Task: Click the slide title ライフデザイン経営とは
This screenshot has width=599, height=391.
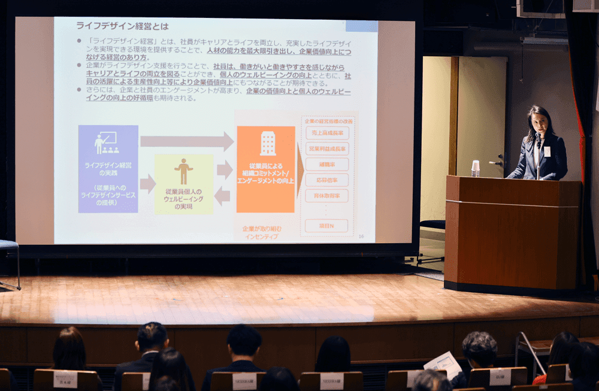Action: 122,27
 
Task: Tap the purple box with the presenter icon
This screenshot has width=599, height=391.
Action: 108,169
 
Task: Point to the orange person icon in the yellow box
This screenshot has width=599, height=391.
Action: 184,171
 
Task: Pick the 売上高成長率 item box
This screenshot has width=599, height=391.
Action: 326,133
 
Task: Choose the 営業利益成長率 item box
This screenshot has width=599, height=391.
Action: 326,148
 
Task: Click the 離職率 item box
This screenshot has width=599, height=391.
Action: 326,164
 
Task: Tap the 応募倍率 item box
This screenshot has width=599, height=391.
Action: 326,180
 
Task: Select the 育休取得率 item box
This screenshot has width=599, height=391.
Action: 326,195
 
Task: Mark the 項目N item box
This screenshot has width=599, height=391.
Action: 326,225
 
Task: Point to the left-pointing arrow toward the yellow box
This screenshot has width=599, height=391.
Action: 222,195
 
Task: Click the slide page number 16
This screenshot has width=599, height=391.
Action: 361,237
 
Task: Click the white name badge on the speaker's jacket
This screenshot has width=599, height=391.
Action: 547,151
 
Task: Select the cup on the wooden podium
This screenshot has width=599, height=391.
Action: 475,168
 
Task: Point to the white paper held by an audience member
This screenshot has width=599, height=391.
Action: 443,363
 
